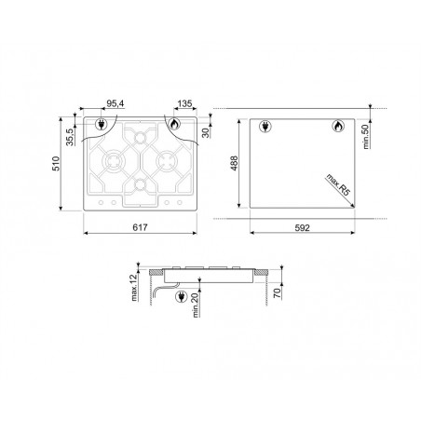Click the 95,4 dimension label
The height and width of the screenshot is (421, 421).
click(x=115, y=103)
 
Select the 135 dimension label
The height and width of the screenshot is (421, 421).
click(x=185, y=103)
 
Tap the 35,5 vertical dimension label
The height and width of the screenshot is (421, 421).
click(x=71, y=137)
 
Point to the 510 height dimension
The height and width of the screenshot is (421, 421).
click(x=56, y=164)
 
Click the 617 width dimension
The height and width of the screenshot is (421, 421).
click(x=140, y=227)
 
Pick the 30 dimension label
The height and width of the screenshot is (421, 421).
click(x=206, y=132)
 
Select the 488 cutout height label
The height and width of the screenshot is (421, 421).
click(x=234, y=163)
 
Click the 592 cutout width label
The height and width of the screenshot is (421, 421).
click(x=302, y=228)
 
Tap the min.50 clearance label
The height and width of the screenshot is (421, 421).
click(x=365, y=137)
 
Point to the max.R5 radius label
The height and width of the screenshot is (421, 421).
click(x=338, y=184)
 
